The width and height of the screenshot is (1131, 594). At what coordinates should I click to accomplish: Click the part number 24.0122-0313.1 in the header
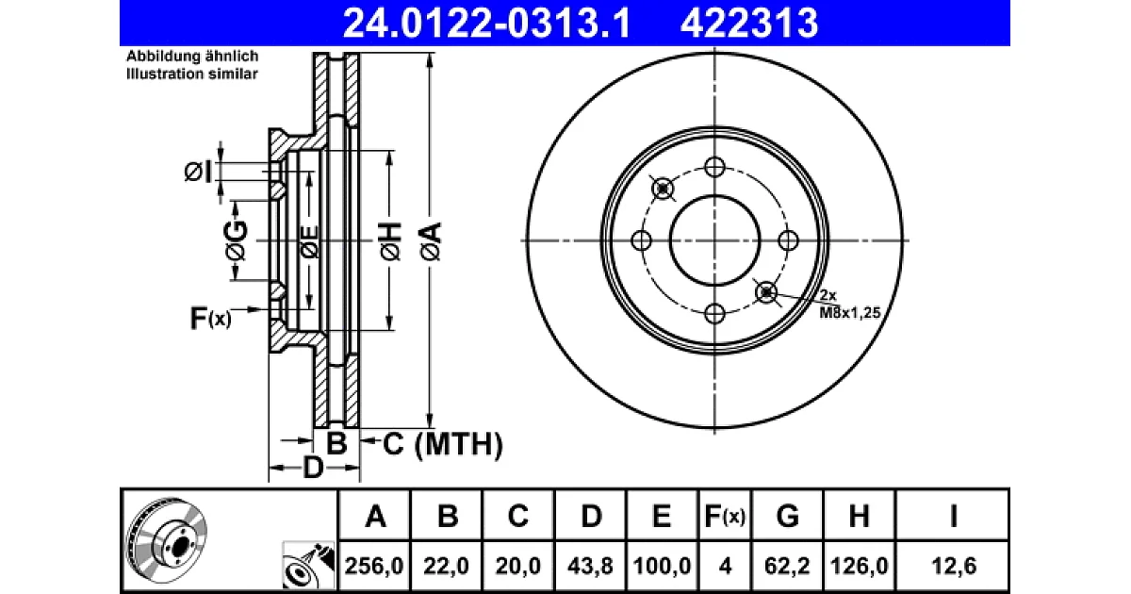point(486,24)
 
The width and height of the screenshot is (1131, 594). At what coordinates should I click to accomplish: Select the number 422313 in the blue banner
point(749,24)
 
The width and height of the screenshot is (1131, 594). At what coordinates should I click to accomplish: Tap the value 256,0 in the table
point(374,566)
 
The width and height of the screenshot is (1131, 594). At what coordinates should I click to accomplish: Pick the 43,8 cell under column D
point(590,566)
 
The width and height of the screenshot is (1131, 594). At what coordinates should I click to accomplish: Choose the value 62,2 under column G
point(787,566)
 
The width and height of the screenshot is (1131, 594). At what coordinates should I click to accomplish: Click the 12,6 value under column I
point(954,566)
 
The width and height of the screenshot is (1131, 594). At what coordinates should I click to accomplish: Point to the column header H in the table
point(859,517)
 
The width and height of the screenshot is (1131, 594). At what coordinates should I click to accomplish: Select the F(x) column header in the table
point(725,517)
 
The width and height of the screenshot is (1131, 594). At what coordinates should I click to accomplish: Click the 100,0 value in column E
point(662,566)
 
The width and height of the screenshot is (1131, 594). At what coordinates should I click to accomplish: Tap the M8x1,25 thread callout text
point(850,313)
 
